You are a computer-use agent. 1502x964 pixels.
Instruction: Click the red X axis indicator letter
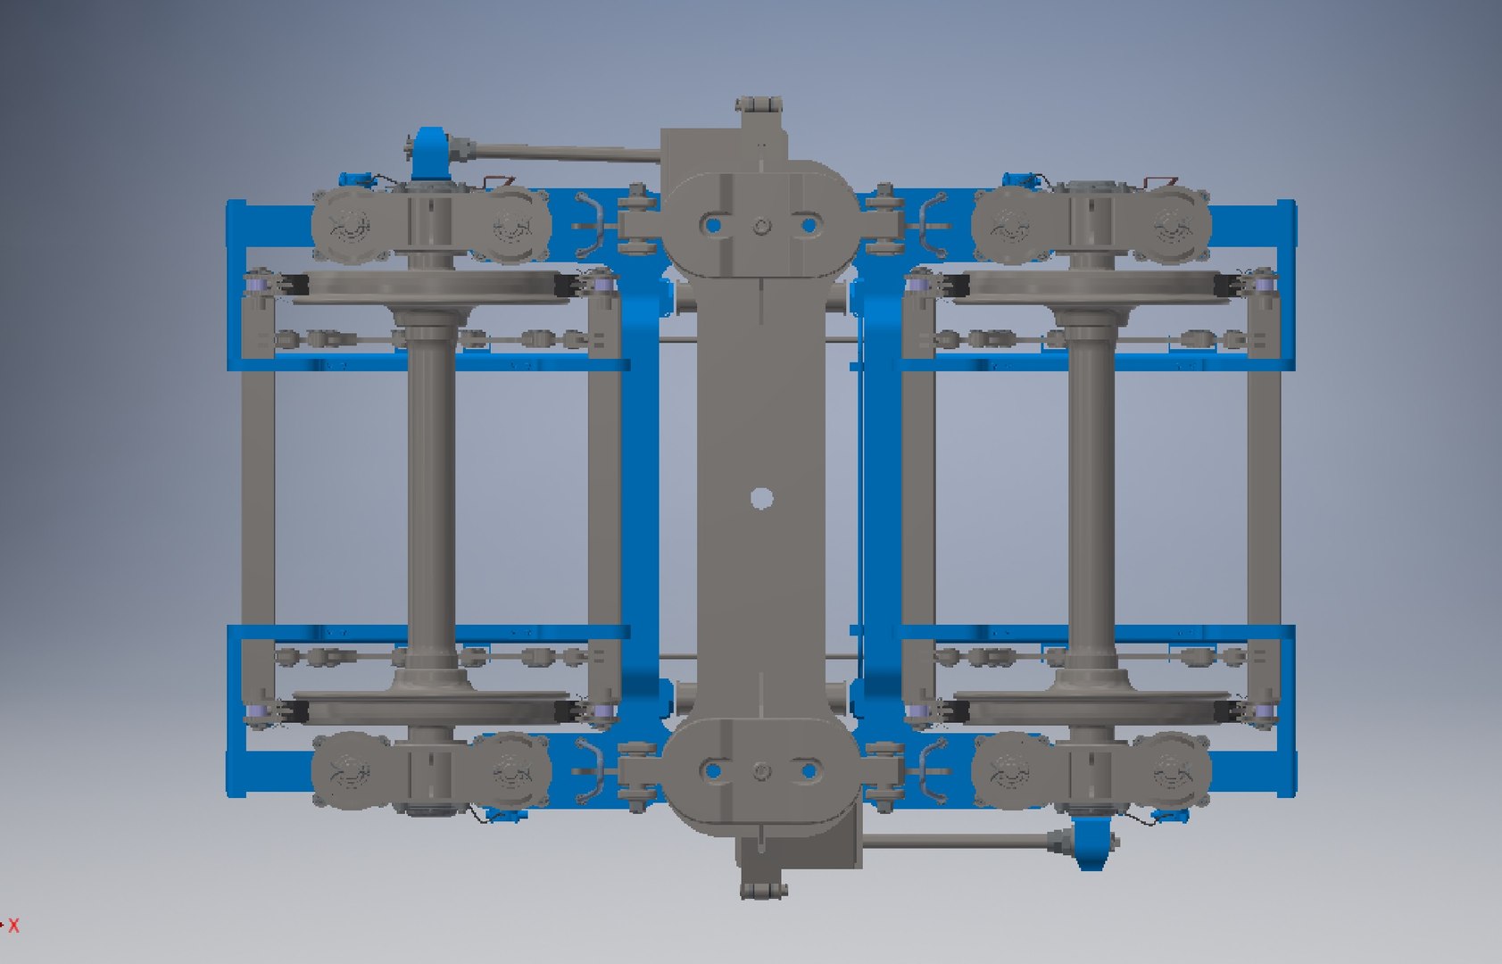[x=13, y=926]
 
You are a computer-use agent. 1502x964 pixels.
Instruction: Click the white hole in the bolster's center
[x=760, y=498]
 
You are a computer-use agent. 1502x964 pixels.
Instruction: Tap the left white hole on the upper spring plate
[x=712, y=226]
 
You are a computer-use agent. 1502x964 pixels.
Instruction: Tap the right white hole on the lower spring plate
[x=809, y=770]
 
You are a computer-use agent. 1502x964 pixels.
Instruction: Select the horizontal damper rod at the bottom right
[x=955, y=841]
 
